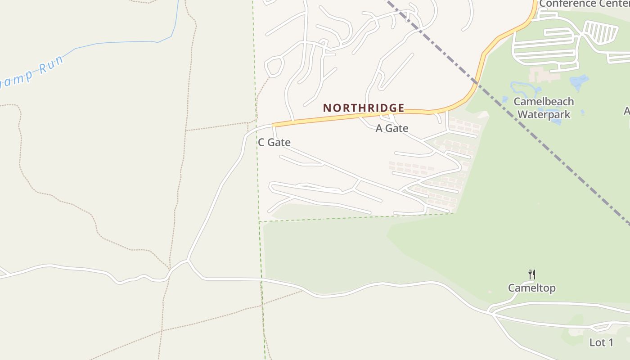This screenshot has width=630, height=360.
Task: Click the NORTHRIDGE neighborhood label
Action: (364, 108)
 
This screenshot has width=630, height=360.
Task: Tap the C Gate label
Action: (274, 143)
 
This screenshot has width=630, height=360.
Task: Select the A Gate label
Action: (392, 129)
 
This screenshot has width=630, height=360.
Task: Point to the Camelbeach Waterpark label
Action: (544, 108)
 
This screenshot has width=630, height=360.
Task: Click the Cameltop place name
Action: (531, 288)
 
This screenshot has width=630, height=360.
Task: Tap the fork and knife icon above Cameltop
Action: (531, 274)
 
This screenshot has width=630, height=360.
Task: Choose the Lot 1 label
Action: (601, 342)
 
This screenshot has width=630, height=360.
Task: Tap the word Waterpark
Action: (544, 114)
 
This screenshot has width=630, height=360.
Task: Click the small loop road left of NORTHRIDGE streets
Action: (274, 67)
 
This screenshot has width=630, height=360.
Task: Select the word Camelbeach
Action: (544, 102)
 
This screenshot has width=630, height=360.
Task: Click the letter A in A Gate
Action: (379, 129)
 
